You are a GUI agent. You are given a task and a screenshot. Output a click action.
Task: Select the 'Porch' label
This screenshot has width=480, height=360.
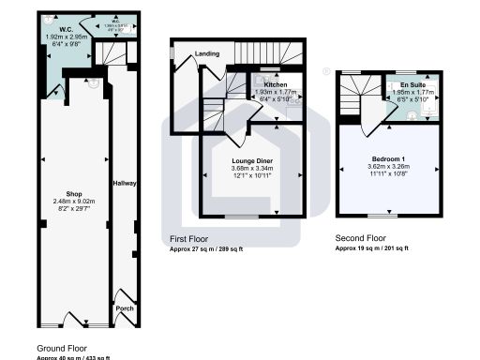point(124,307)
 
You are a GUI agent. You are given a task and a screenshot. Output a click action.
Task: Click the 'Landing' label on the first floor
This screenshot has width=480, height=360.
point(206,54)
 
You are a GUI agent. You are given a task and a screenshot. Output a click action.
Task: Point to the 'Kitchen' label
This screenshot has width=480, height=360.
point(262,85)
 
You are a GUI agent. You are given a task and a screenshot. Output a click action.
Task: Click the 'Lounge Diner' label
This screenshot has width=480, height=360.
point(251,162)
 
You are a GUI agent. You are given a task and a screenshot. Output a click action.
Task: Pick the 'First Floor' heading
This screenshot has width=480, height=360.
point(190,240)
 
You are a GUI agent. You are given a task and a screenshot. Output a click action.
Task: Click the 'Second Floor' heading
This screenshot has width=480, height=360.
point(363,239)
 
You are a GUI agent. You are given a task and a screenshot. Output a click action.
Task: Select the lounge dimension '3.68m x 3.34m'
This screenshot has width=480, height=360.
point(251,170)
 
